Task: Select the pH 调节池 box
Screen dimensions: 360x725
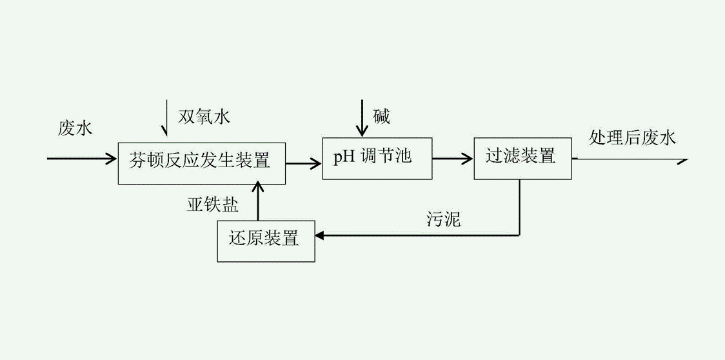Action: (377, 158)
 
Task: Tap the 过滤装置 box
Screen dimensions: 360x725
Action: (522, 158)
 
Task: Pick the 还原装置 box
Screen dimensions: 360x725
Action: (266, 241)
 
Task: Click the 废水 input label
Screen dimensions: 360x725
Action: (75, 128)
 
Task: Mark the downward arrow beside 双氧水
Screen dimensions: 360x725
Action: (166, 118)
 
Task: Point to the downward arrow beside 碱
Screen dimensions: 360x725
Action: (362, 117)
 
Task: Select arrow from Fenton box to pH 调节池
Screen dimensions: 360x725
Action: (304, 163)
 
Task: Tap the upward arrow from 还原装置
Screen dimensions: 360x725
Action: (259, 201)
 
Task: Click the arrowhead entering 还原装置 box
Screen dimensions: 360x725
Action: (321, 236)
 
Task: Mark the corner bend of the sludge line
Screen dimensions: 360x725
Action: (520, 235)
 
